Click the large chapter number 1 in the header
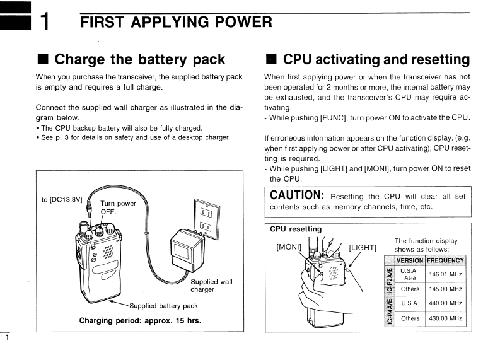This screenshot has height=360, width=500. [x=45, y=25]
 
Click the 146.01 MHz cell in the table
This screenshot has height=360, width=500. [x=446, y=274]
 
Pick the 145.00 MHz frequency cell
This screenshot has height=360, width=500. [x=446, y=289]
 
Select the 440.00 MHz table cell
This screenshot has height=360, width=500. [x=446, y=303]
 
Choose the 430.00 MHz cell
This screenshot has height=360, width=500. [x=446, y=318]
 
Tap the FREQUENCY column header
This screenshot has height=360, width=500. [x=446, y=260]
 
